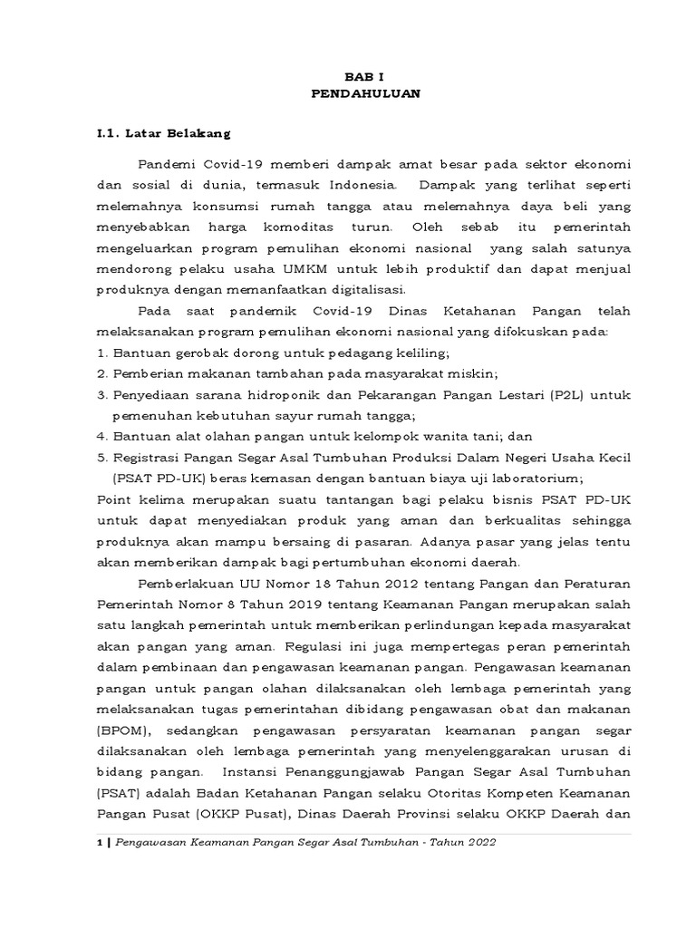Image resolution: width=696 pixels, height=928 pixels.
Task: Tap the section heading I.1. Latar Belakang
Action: tap(164, 133)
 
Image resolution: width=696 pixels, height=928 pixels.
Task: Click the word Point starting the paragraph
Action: tap(114, 499)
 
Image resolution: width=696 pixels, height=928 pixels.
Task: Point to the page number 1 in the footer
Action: tap(99, 842)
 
